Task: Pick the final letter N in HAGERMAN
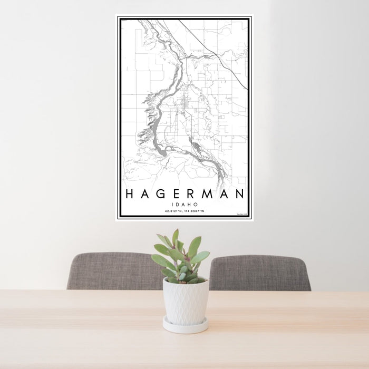coord(240,194)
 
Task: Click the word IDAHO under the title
coord(184,204)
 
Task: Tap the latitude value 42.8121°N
coord(173,211)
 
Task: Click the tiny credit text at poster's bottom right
coord(241,213)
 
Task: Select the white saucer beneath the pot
coord(184,325)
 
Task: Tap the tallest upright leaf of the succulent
coord(175,238)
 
